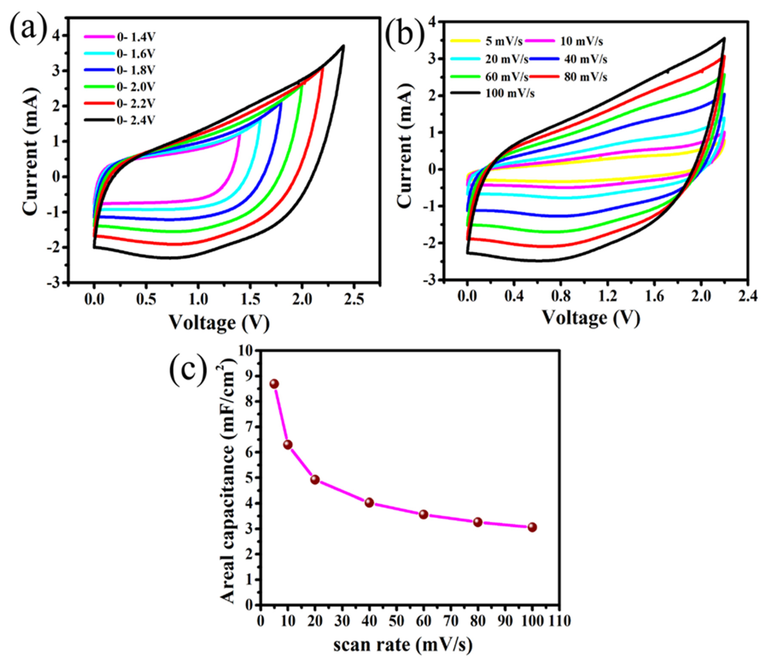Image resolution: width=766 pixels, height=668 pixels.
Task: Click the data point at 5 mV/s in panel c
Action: click(274, 384)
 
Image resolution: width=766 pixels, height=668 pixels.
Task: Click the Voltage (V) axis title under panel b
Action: click(591, 318)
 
